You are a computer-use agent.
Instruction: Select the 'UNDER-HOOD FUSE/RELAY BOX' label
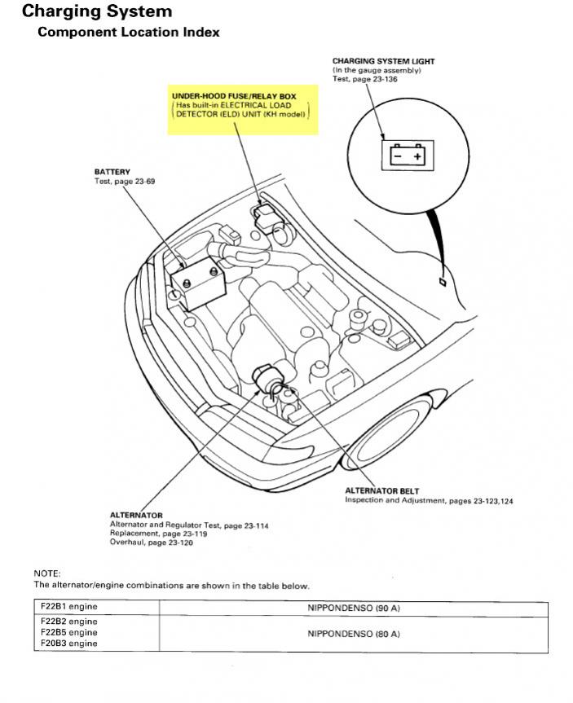coord(234,96)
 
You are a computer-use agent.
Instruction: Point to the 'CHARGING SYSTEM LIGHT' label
coord(383,61)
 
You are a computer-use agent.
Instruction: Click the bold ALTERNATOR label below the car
coord(136,516)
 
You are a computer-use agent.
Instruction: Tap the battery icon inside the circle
coord(407,154)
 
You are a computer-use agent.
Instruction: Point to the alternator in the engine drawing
coord(269,379)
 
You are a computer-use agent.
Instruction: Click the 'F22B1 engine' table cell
coord(68,608)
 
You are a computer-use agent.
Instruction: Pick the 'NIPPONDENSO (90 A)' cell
coord(354,609)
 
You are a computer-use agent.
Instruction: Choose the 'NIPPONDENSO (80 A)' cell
coord(354,633)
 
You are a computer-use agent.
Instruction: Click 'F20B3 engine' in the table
coord(68,644)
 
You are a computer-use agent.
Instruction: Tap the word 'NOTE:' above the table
coord(46,573)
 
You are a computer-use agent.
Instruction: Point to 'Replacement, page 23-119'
coord(158,534)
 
